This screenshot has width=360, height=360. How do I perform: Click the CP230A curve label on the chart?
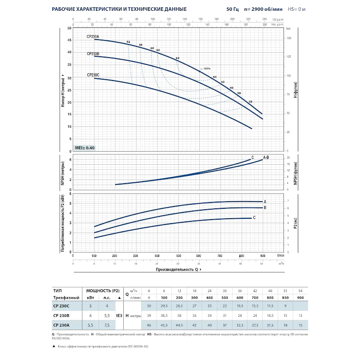click(x=93, y=36)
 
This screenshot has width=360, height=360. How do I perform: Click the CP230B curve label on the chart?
click(x=93, y=54)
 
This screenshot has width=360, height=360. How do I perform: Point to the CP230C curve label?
click(x=93, y=75)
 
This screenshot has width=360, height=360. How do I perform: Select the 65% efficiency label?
click(x=207, y=68)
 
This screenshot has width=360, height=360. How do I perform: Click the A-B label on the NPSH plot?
click(x=265, y=157)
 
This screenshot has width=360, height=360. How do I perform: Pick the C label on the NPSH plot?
click(x=252, y=157)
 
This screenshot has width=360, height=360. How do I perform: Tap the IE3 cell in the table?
click(x=119, y=315)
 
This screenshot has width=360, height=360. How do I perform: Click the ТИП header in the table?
click(x=57, y=290)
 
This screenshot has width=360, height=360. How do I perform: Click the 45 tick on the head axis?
click(x=69, y=40)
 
